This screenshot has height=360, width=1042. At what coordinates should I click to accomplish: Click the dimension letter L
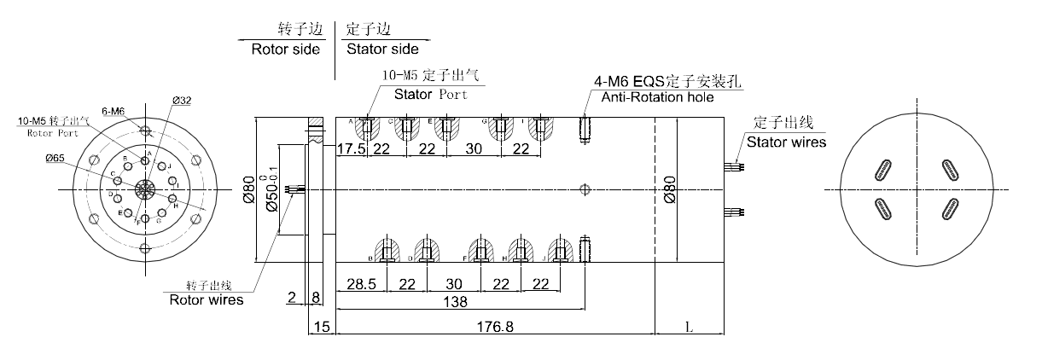click(x=688, y=327)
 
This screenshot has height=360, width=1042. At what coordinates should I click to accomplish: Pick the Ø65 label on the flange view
click(x=58, y=158)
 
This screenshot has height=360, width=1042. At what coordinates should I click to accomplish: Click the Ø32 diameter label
click(x=181, y=101)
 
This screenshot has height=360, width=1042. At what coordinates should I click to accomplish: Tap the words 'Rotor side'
click(x=285, y=49)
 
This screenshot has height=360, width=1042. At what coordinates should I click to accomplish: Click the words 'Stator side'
click(x=382, y=49)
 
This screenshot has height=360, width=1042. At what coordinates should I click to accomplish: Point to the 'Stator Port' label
click(x=430, y=94)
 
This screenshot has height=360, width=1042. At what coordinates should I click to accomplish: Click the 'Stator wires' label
click(x=786, y=142)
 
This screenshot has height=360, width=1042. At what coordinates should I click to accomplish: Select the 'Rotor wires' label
click(x=206, y=299)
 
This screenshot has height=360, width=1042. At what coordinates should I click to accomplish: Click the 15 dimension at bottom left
click(x=321, y=327)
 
